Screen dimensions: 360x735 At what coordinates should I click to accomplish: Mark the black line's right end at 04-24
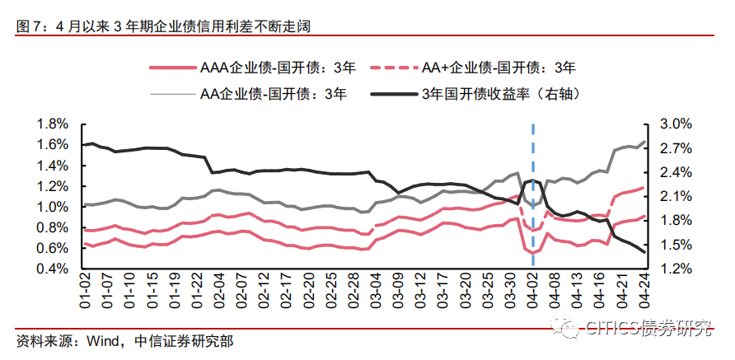click(644, 252)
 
